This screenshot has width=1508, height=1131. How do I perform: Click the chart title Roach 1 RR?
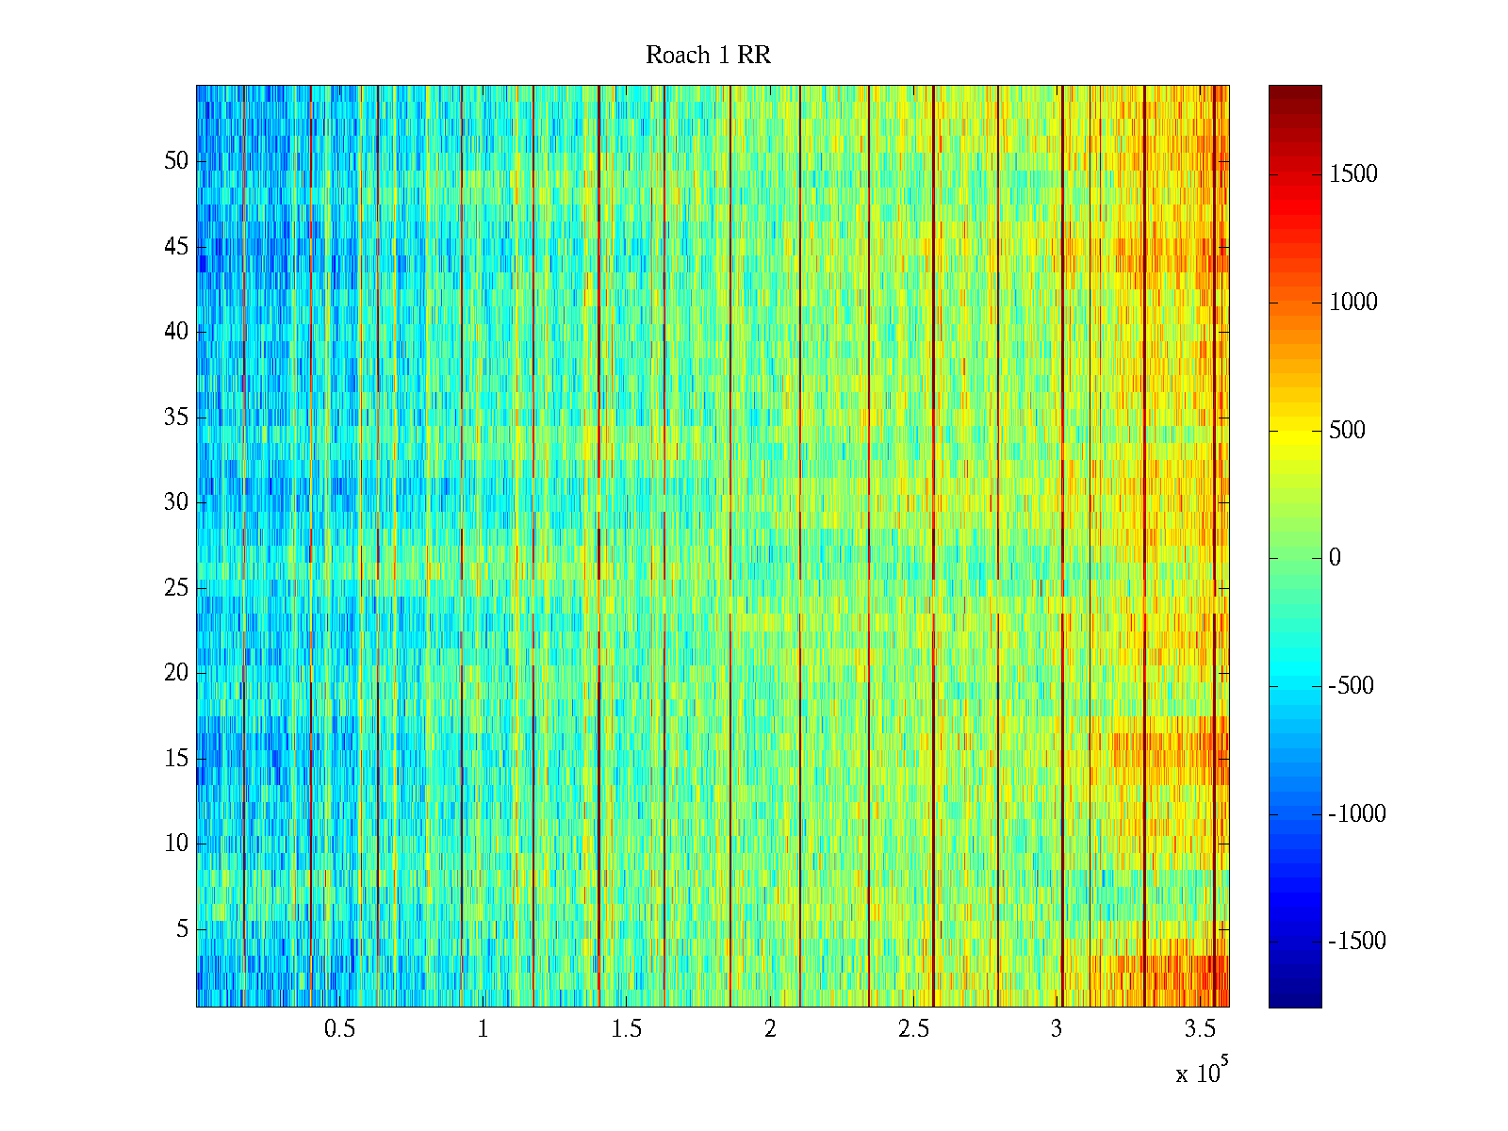point(708,56)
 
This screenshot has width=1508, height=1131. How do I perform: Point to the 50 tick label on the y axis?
point(176,161)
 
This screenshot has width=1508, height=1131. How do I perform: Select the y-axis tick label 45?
point(176,247)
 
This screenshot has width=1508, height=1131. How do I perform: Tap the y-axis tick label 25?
point(176,588)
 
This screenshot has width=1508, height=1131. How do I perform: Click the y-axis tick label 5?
point(182,929)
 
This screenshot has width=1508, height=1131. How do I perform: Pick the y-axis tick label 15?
point(176,759)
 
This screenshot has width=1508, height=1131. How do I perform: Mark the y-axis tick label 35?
point(176,418)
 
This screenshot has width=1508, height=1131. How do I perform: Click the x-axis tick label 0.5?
point(339,1029)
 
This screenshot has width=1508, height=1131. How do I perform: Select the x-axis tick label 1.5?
point(627,1029)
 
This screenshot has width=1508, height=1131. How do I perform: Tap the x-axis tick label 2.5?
point(913,1029)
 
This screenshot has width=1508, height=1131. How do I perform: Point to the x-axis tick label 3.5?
point(1200,1029)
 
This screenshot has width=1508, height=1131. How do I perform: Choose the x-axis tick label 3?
point(1057,1029)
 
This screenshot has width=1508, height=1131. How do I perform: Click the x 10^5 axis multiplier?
point(1202,1073)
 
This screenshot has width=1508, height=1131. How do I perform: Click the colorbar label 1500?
point(1353,174)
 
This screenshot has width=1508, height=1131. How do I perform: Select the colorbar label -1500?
point(1357,942)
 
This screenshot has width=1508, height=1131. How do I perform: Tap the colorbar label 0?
point(1335,558)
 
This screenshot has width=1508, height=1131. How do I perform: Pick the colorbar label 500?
point(1347,431)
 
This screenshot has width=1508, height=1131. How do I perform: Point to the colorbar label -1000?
point(1357,814)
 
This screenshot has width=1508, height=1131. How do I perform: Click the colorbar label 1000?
point(1353,303)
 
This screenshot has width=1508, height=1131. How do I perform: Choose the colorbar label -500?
point(1352,686)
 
